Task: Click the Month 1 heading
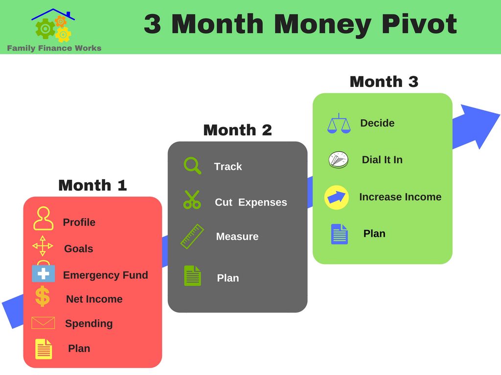pos(92,185)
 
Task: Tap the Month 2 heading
pos(237,130)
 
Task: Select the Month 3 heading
pos(384,82)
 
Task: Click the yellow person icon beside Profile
pos(43,218)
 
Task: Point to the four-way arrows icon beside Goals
pos(43,246)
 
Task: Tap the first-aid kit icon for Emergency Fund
pos(44,271)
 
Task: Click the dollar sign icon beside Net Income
pos(43,296)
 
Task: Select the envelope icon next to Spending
pos(43,323)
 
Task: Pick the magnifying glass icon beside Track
pos(192,166)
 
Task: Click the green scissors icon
pos(192,200)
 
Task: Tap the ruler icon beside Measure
pos(192,236)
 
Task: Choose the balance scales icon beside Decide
pos(339,124)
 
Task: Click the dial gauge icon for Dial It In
pos(339,160)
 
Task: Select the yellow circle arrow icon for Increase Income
pos(337,197)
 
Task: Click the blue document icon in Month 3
pos(340,234)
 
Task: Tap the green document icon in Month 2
pos(193,275)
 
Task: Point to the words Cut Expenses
pos(251,202)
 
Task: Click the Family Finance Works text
pos(54,48)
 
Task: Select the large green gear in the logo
pos(46,29)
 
